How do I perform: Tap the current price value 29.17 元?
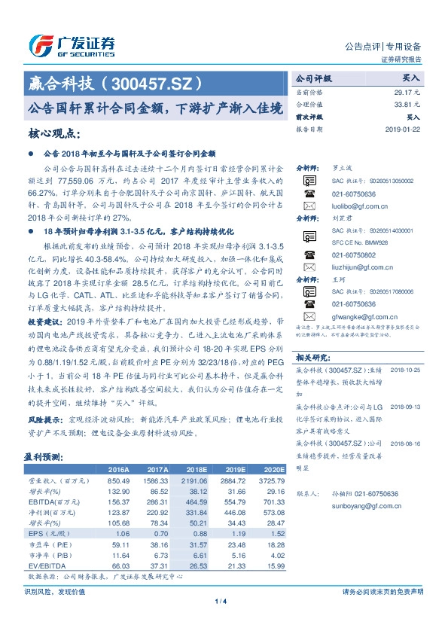[x=406, y=92]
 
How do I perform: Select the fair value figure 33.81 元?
[x=406, y=105]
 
